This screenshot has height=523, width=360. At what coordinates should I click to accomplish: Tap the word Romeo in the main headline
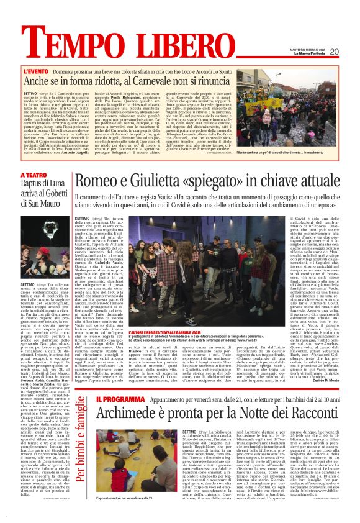point(101,181)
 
